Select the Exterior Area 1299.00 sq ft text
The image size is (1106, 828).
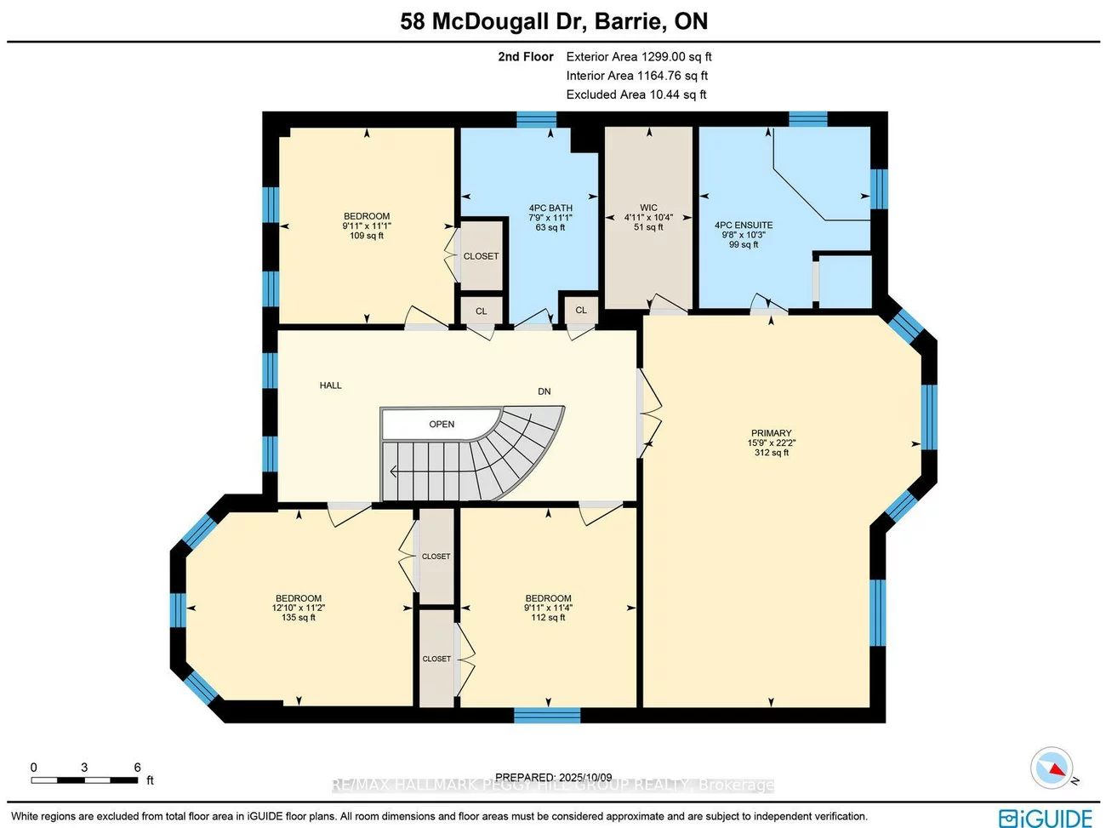click(638, 57)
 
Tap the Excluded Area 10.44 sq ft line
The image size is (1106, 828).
click(636, 94)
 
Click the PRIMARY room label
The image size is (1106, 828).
click(771, 433)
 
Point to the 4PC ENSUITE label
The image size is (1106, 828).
click(743, 226)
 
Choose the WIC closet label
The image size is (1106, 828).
click(648, 208)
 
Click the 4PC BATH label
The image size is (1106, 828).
click(550, 208)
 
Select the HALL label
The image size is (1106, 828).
click(330, 385)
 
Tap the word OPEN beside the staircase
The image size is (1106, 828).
click(442, 424)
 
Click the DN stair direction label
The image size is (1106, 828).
click(544, 391)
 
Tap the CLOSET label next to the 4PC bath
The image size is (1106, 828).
click(481, 256)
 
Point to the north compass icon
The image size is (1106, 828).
click(1052, 768)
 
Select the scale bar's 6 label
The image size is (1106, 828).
click(137, 768)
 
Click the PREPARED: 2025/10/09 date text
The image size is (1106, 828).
click(553, 777)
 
